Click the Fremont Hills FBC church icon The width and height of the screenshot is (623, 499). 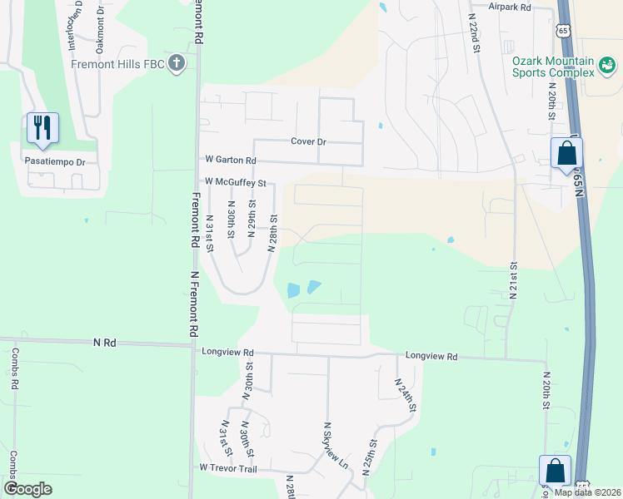tap(176, 64)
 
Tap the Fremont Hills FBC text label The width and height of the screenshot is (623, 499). tap(117, 64)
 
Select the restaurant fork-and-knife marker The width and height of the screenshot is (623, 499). tap(42, 127)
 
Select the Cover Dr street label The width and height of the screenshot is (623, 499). tap(307, 141)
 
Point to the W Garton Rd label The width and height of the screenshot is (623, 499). tap(230, 159)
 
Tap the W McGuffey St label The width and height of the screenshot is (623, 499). tap(235, 182)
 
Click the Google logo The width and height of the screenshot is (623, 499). tap(27, 489)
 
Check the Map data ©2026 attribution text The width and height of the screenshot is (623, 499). tap(586, 492)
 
